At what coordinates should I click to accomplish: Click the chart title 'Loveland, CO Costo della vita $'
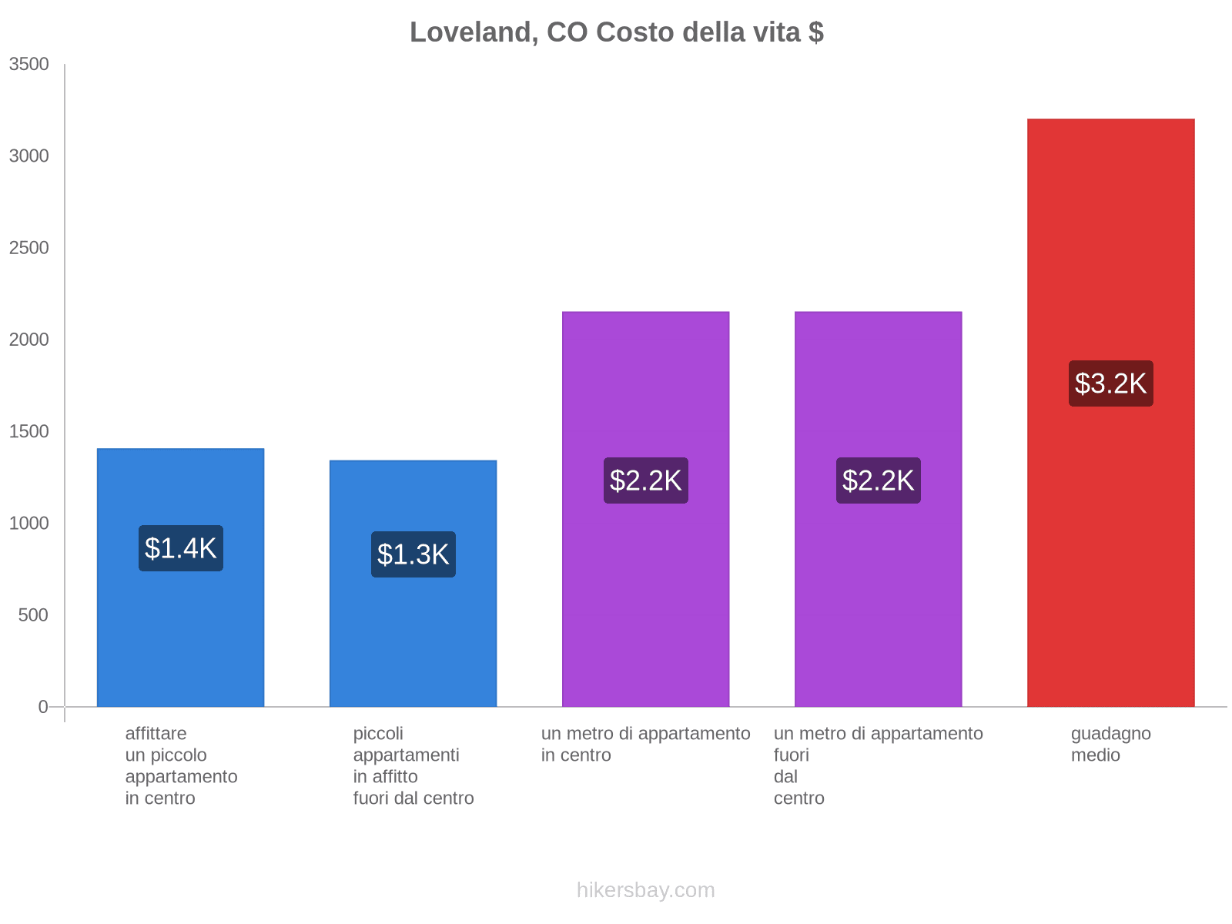click(616, 32)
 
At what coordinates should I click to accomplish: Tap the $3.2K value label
click(1110, 383)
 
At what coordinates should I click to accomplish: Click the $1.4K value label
click(181, 548)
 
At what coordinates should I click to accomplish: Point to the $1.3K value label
click(413, 554)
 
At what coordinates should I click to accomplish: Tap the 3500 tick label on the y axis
click(29, 65)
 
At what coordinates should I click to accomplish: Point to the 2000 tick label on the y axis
click(29, 340)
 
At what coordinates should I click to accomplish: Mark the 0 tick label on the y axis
click(43, 707)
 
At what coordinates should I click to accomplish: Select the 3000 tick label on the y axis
click(29, 156)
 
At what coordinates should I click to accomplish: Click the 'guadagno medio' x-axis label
click(1110, 745)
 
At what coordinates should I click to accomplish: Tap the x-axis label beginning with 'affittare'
click(181, 765)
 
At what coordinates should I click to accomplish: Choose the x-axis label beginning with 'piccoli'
click(413, 765)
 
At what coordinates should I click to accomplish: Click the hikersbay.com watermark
click(645, 890)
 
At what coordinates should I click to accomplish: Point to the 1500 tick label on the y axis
click(29, 431)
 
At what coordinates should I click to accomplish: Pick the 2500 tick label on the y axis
click(29, 248)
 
